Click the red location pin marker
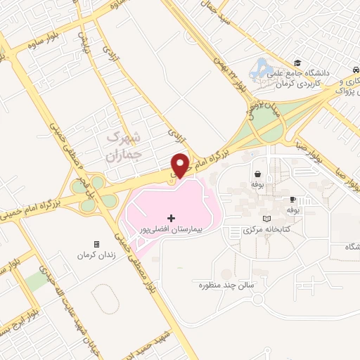(181, 164)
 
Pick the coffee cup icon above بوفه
(293, 199)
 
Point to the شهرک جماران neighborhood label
(127, 145)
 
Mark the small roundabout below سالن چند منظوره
(257, 302)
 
